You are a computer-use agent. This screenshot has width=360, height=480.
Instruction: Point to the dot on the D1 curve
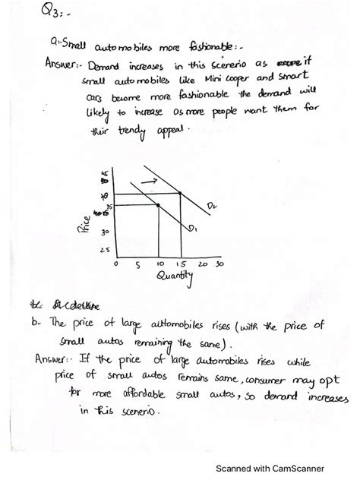coord(157,205)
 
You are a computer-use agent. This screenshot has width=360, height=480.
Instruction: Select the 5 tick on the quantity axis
coord(137,266)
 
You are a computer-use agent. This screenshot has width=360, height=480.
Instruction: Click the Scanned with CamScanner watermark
coord(289,467)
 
